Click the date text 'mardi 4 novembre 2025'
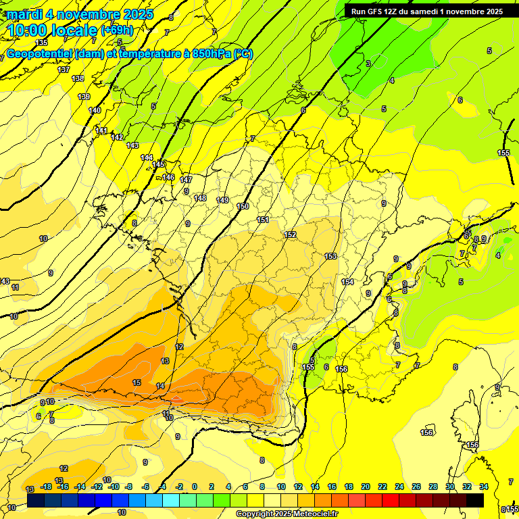[80, 14]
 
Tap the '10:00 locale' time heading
[52, 30]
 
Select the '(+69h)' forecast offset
[117, 30]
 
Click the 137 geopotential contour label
[64, 70]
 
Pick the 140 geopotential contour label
[95, 110]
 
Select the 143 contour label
[132, 145]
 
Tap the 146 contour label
[168, 178]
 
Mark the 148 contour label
[200, 198]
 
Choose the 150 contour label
[243, 206]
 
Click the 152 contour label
[290, 234]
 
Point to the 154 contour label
[347, 282]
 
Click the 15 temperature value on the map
[137, 382]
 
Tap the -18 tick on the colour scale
[47, 487]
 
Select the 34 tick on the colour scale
[484, 487]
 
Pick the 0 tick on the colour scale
[195, 487]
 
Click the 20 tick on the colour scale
[366, 487]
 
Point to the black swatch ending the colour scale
[475, 500]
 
